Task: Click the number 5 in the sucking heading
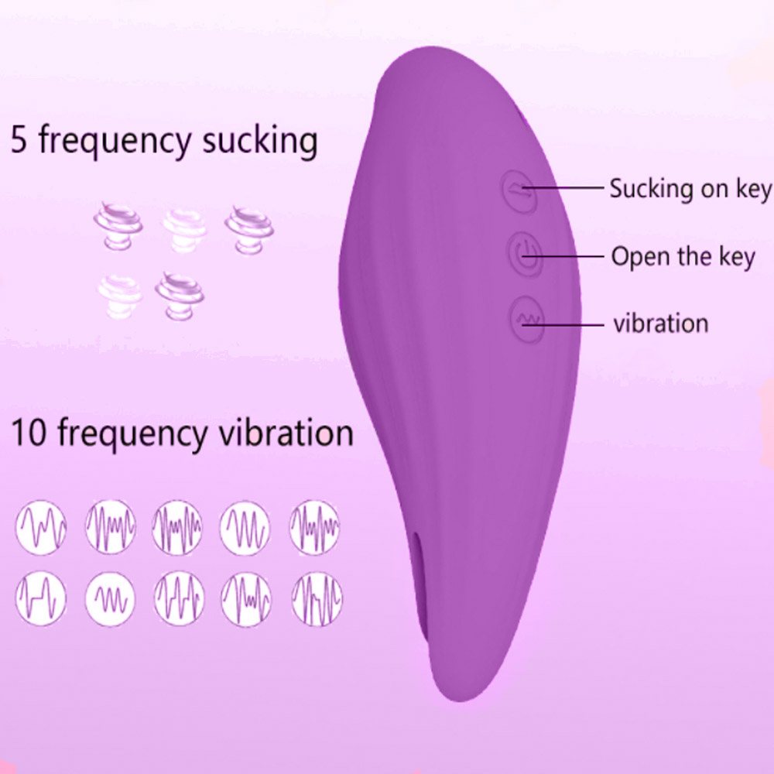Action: coord(19,139)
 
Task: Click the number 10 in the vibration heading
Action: coord(29,433)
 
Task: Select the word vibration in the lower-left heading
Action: coord(286,432)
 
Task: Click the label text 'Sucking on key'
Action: coord(690,189)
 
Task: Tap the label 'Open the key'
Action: coord(683,257)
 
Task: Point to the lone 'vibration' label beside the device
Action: coord(661,324)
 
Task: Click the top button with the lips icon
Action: coord(519,190)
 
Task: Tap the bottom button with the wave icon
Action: coord(527,320)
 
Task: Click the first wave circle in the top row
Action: coord(41,526)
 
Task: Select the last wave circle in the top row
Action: coord(314,526)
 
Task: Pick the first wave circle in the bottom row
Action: coord(41,598)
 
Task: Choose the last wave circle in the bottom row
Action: coord(317,599)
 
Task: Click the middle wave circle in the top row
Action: coord(177,526)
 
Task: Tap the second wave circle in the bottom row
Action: coord(110,599)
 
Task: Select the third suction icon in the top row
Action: coord(249,230)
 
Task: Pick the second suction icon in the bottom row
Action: coord(180,295)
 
